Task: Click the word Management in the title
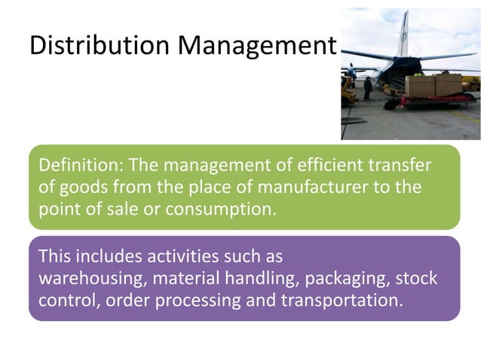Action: [256, 47]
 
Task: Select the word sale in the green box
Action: [124, 208]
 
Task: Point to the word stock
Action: [415, 278]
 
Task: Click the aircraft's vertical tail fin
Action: [403, 33]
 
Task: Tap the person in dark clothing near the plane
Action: [368, 88]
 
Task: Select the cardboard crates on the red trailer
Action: [433, 85]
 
